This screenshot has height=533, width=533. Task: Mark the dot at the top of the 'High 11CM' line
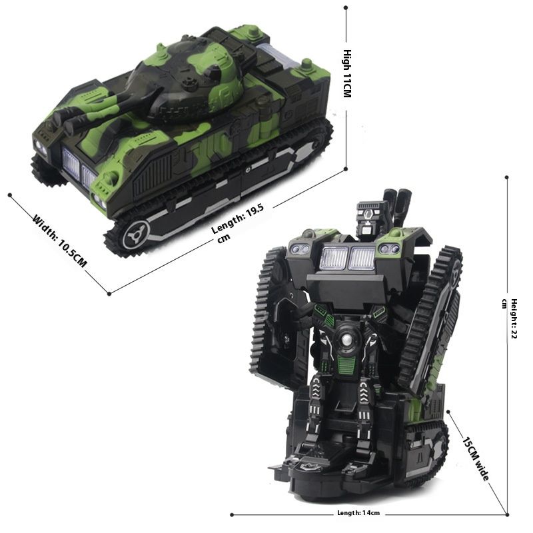[346, 8]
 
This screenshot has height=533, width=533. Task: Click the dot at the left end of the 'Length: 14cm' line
[231, 514]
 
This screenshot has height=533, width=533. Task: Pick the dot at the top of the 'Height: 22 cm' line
[506, 177]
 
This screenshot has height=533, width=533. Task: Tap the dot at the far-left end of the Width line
[10, 195]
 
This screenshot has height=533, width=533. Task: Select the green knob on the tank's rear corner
[306, 65]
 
